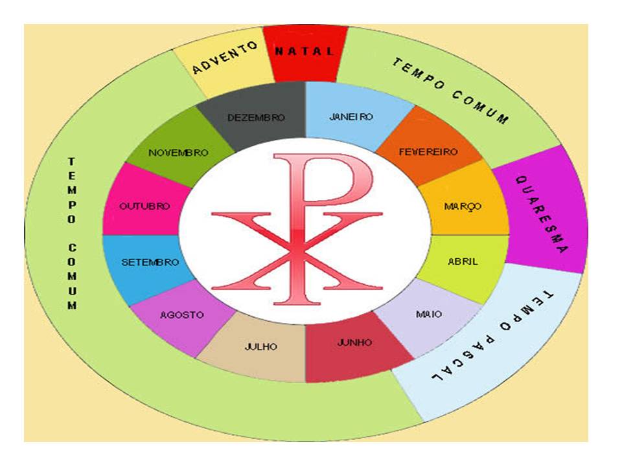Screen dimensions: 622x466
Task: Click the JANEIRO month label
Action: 351,117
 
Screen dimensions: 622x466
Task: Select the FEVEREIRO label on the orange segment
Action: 428,152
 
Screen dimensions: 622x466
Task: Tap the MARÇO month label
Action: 463,206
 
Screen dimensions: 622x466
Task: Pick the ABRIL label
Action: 463,262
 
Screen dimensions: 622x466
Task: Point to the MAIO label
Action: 429,314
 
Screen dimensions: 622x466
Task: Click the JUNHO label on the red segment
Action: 354,342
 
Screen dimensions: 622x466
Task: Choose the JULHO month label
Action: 261,347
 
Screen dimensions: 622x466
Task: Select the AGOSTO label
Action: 182,315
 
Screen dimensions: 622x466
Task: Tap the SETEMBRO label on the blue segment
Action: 150,263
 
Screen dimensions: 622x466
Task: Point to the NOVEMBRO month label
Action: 178,153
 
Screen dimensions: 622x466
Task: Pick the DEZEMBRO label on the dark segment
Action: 257,117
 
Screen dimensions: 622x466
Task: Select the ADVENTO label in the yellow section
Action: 225,58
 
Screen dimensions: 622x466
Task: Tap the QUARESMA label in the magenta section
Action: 542,214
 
